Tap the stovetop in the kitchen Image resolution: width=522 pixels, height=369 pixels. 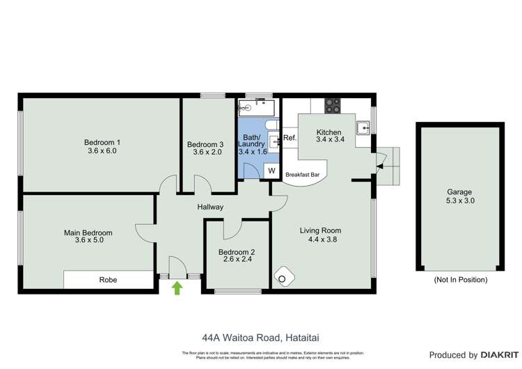pos(333,106)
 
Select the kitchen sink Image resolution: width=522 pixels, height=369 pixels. pos(363,127)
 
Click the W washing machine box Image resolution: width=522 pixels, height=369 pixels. pos(272,171)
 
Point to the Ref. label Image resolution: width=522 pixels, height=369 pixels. pos(290,138)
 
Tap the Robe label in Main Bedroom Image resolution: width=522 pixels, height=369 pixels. pos(108,280)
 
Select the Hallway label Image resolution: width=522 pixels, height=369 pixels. pos(210,207)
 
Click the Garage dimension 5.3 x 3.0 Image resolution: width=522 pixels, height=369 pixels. pos(459,201)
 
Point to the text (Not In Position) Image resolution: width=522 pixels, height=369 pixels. pos(460,279)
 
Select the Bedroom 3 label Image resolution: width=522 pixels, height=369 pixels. pos(205,144)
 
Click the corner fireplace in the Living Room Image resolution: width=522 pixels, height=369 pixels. pos(283,276)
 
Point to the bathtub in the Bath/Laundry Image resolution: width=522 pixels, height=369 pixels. pos(257,107)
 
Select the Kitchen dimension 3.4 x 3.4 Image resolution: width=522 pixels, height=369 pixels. pos(329,141)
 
